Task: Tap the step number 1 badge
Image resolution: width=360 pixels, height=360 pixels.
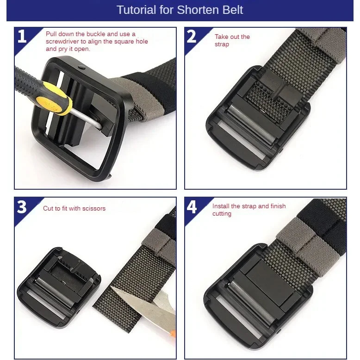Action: (x=22, y=37)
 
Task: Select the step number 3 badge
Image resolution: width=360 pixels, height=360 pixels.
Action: (x=22, y=207)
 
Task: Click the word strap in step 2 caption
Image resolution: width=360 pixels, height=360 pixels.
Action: (x=222, y=44)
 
